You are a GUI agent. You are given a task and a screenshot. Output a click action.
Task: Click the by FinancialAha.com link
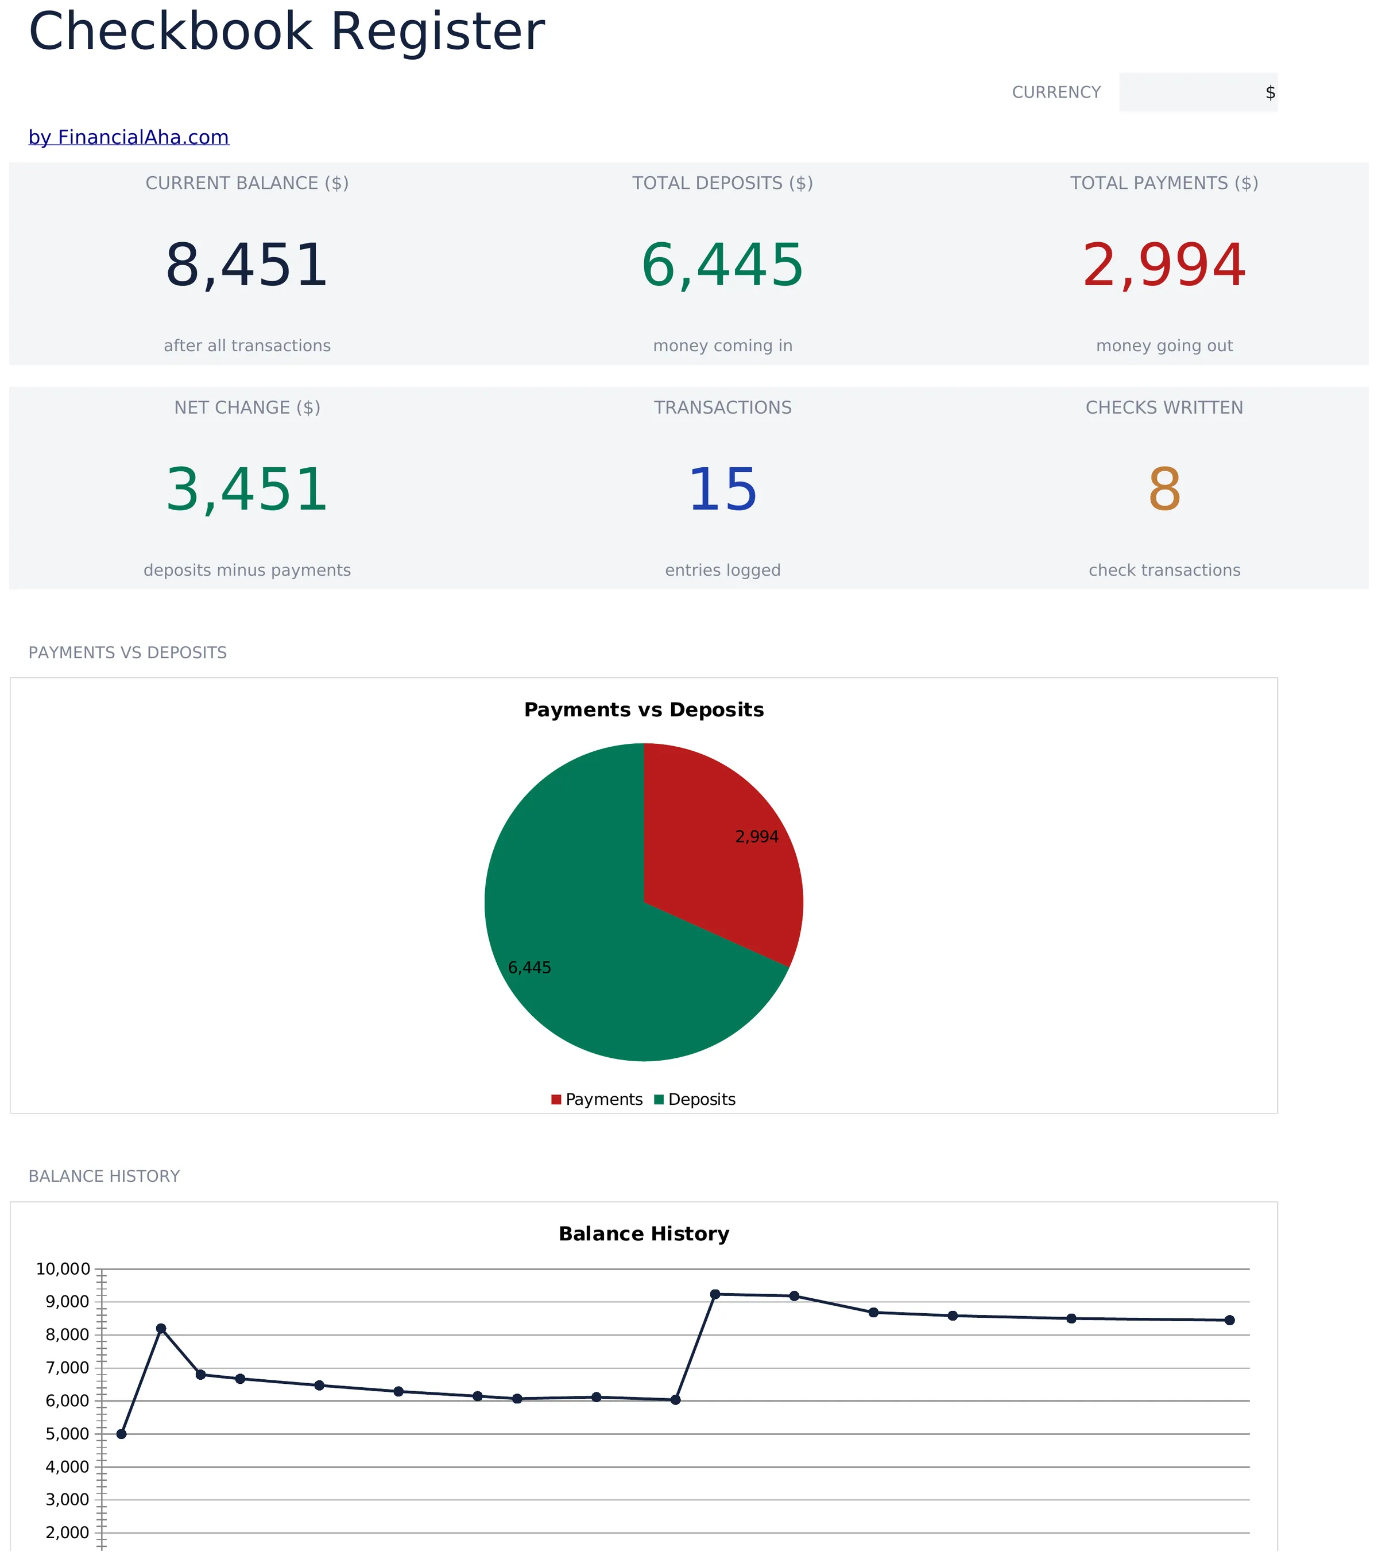point(128,137)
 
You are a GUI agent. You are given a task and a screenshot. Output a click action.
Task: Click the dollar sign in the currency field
point(1269,92)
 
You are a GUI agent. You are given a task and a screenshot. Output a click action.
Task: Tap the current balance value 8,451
point(246,266)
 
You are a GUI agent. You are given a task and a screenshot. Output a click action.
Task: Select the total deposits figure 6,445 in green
point(722,266)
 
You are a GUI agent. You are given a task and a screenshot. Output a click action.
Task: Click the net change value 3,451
point(246,490)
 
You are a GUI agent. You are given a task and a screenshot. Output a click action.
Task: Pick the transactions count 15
point(722,490)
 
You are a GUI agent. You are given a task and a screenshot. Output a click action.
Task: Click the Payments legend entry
point(597,1100)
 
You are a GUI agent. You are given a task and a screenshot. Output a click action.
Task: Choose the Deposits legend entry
point(695,1100)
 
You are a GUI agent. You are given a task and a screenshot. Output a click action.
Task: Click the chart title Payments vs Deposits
point(644,710)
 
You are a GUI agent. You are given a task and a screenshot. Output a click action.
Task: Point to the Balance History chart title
point(644,1234)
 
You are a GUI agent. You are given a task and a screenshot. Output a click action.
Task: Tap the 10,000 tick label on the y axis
point(63,1269)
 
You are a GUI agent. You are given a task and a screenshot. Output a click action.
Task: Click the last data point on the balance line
point(1229,1320)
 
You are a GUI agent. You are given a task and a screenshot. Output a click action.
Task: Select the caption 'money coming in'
point(722,346)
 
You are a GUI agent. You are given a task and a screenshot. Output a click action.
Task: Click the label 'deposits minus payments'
point(246,570)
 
